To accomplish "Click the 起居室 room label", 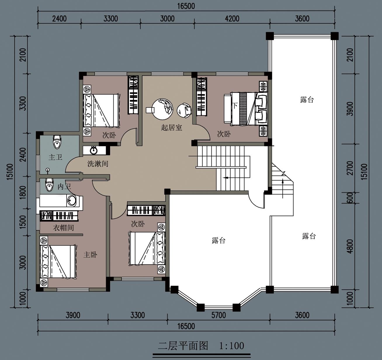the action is [171, 128].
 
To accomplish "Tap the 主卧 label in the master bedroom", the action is [90, 255].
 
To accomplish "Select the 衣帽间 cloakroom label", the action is [63, 228].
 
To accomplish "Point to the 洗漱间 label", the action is [98, 164].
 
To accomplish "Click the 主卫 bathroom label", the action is [55, 157].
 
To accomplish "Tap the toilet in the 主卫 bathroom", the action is [57, 142].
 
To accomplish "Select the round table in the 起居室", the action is [163, 109].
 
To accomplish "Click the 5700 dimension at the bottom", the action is [219, 315].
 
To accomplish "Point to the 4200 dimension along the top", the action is [232, 19].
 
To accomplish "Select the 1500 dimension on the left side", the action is [23, 222].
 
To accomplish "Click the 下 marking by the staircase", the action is [235, 105].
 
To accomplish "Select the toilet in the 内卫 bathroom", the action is [49, 185].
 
